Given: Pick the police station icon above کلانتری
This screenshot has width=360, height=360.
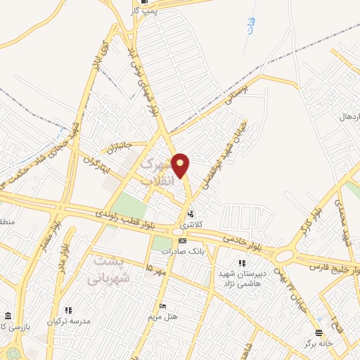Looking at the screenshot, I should coord(191,214).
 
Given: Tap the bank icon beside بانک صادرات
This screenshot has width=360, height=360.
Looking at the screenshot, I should coord(183,240).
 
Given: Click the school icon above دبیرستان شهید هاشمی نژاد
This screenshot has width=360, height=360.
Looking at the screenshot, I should coord(243,263).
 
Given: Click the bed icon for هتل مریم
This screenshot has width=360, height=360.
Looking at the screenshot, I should coord(163,307).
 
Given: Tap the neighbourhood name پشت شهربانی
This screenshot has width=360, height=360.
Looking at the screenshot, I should coord(109,269).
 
